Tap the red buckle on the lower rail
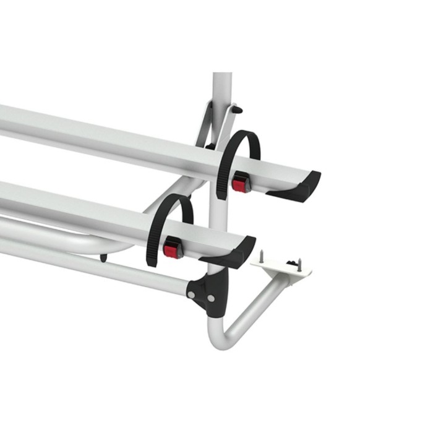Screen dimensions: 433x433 pos(171,249)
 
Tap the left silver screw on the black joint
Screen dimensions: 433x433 pos(193,294)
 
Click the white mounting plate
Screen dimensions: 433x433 pos(281,265)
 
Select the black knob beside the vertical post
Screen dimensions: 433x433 pos(239,109)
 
